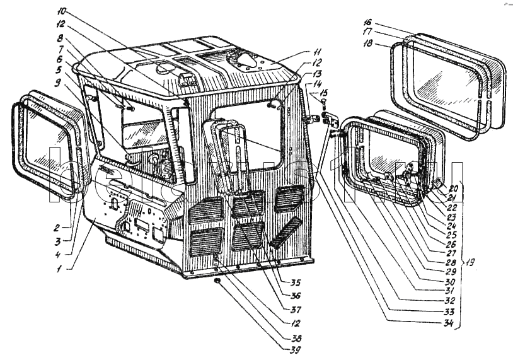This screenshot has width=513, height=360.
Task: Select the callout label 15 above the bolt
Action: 323,92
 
